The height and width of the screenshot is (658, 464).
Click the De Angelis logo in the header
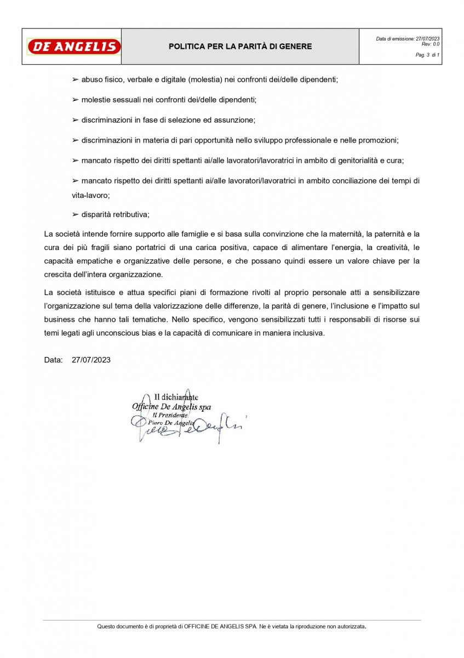point(74,47)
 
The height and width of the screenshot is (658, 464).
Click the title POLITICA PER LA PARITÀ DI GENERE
point(240,47)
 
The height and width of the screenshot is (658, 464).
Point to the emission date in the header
point(408,38)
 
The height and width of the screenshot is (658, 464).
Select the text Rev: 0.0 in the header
point(431,44)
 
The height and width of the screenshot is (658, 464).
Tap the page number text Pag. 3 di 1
point(427,55)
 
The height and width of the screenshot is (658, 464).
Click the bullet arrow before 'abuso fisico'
point(76,80)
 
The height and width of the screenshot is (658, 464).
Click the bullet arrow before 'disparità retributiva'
point(76,214)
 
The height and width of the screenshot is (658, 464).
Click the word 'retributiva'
point(131,214)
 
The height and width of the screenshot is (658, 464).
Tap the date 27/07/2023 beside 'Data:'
point(91,360)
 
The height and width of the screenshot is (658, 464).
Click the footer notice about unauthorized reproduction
point(232,626)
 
